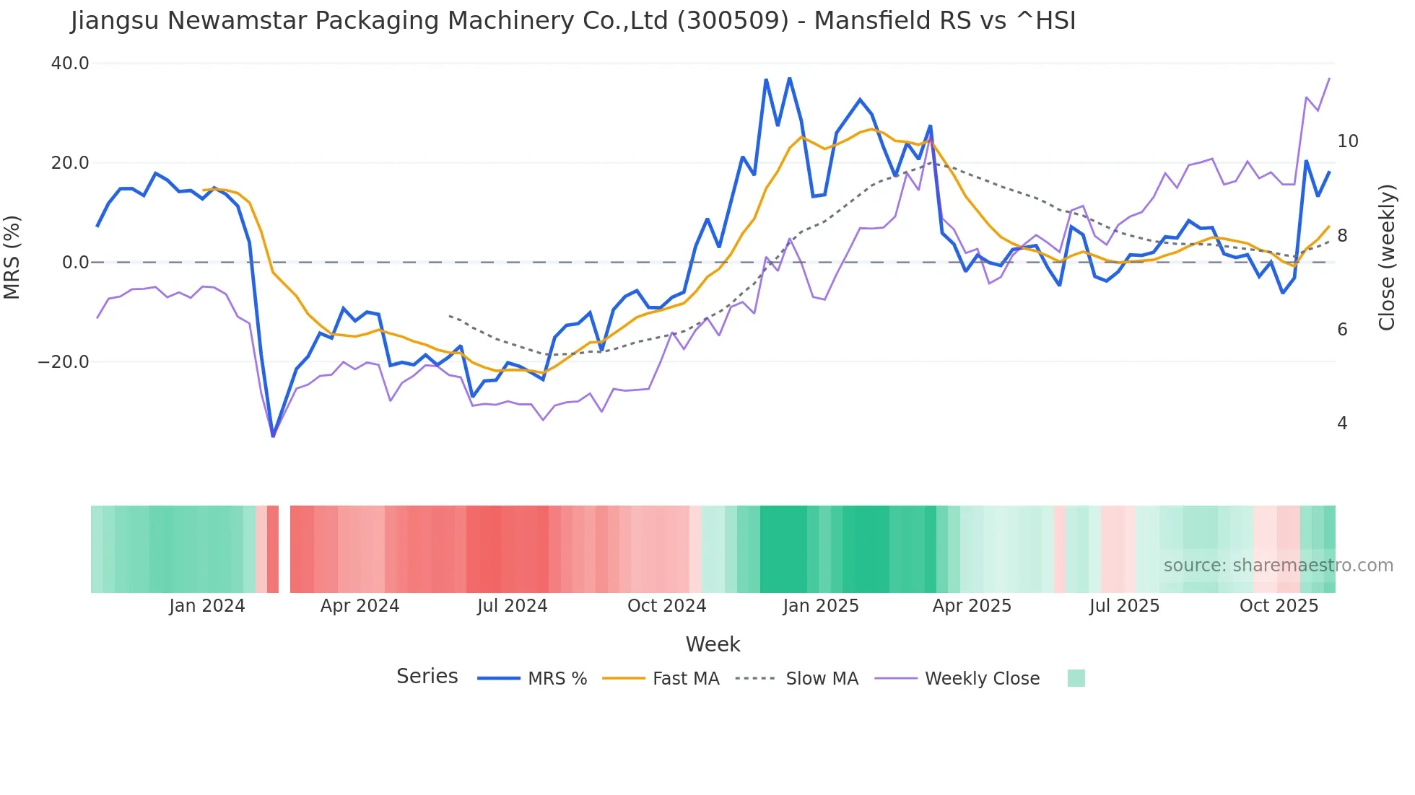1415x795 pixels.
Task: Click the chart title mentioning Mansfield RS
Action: pos(573,21)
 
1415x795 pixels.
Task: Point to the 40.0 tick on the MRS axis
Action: pos(70,63)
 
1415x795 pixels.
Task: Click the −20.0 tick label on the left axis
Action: pos(64,362)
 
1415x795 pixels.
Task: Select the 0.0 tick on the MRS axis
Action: pos(75,263)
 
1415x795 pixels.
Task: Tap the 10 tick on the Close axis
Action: pos(1347,141)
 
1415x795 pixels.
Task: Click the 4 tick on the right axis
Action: pos(1341,423)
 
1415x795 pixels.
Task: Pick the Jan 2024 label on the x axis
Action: pos(207,606)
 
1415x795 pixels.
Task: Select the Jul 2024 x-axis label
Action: pos(512,606)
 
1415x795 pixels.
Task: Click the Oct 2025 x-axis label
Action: pos(1279,606)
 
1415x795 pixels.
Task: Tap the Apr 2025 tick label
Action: pos(972,606)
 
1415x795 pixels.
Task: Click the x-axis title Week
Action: pos(713,644)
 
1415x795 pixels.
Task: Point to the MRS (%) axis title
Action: pos(12,258)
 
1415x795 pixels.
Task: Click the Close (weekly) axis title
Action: pos(1386,258)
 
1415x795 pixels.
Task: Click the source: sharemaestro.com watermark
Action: pos(1278,566)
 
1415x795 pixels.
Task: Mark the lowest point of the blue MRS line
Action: pos(273,436)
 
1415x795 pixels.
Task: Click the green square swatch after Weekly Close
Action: pos(1076,678)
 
